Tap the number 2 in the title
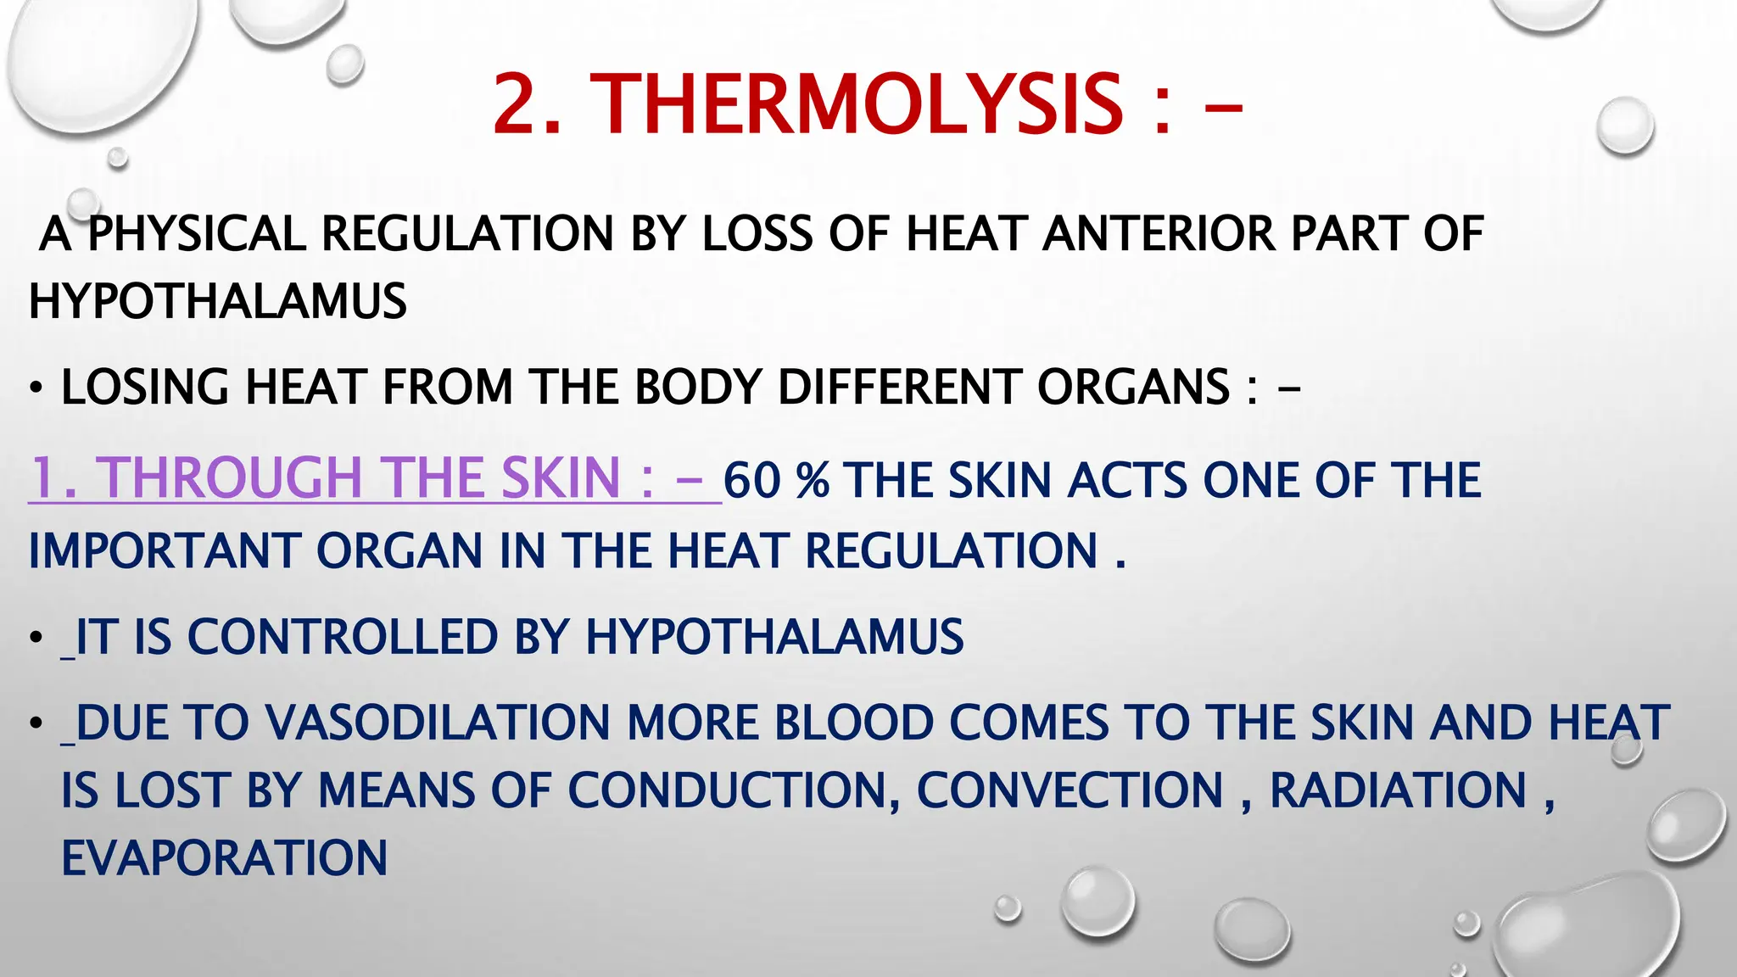coord(519,104)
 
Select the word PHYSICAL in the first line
coord(197,234)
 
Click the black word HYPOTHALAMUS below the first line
coord(218,301)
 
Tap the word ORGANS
coord(1133,388)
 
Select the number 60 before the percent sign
coord(751,481)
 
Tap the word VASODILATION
coord(438,723)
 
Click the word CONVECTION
coord(1070,791)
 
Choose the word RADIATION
coord(1398,791)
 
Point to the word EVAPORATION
coord(225,858)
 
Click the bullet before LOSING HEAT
coord(35,389)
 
